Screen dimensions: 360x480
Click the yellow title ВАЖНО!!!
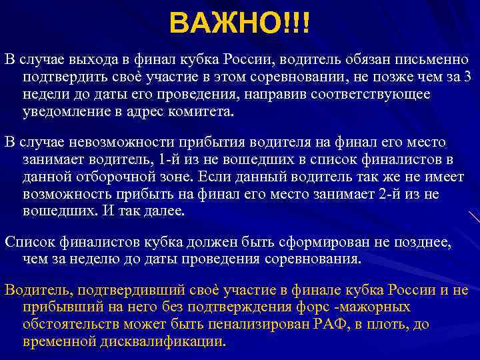[239, 23]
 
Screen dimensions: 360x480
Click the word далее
[168, 211]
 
